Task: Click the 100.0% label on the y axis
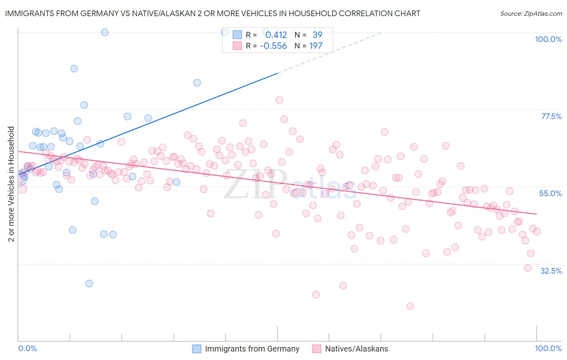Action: (548, 39)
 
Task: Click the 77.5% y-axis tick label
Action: (551, 116)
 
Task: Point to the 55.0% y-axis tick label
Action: (550, 193)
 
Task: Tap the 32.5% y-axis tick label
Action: (551, 271)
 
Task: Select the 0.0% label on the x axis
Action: (27, 348)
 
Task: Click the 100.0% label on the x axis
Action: (548, 348)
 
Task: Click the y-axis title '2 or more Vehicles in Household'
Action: (11, 184)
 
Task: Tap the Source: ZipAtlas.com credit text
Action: (531, 13)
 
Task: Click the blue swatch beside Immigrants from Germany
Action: (196, 349)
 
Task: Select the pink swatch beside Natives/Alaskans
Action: (317, 349)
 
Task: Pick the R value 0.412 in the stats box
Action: (276, 35)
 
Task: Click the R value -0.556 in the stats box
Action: (273, 46)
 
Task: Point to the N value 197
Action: (316, 46)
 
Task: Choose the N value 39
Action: (317, 35)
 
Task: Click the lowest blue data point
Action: (89, 283)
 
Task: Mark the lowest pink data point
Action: (410, 306)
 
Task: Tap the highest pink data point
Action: (279, 100)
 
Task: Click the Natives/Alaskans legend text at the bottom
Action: (356, 349)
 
